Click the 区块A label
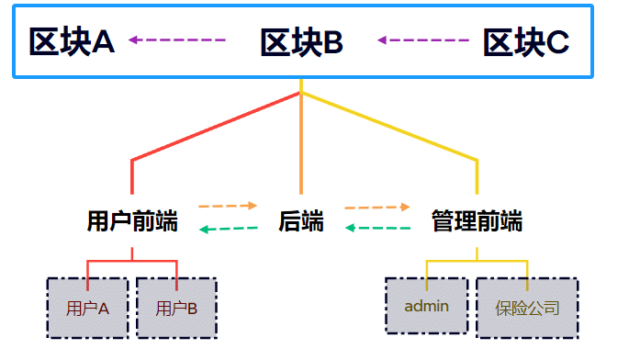[72, 41]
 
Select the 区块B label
[301, 41]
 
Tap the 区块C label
[525, 42]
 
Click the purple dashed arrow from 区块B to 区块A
[177, 40]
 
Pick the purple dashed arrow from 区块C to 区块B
[423, 40]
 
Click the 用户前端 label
[132, 221]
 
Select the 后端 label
[301, 221]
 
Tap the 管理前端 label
[477, 221]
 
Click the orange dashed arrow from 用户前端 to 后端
[229, 206]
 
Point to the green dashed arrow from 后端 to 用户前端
[229, 229]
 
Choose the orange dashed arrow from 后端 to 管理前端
[377, 208]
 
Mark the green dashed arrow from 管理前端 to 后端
[377, 228]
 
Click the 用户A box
[88, 308]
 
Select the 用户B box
[176, 308]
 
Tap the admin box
[426, 306]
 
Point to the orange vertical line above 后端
[301, 147]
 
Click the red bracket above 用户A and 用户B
[132, 262]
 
